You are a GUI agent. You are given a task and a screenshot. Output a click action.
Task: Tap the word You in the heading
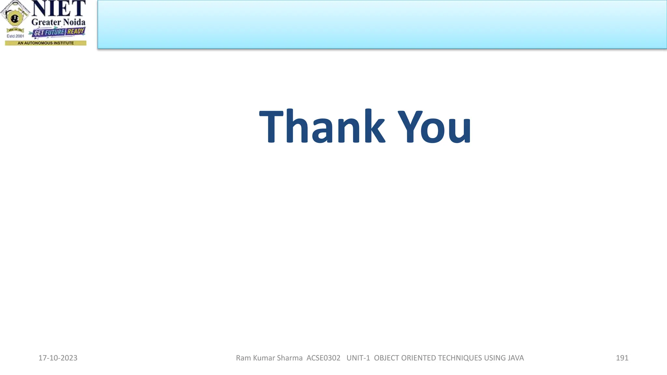(x=434, y=127)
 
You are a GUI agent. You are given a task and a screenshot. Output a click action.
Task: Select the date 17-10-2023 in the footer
(x=58, y=358)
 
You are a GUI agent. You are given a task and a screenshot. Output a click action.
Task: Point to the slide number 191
(x=622, y=358)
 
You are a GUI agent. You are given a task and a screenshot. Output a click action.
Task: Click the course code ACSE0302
(x=323, y=358)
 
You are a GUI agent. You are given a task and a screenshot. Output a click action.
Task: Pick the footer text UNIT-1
(x=358, y=358)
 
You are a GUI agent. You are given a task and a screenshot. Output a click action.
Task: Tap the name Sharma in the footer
(x=290, y=358)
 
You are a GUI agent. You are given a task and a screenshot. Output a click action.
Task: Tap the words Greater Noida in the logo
(x=58, y=22)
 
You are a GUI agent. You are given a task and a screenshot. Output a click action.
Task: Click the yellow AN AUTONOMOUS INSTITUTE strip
(x=46, y=43)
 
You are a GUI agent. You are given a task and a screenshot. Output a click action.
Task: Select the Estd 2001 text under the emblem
(x=15, y=36)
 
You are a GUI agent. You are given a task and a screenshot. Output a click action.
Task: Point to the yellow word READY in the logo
(x=76, y=32)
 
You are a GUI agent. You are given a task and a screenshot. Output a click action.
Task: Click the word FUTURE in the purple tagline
(x=55, y=32)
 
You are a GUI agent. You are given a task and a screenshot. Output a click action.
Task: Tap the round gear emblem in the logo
(x=14, y=18)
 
